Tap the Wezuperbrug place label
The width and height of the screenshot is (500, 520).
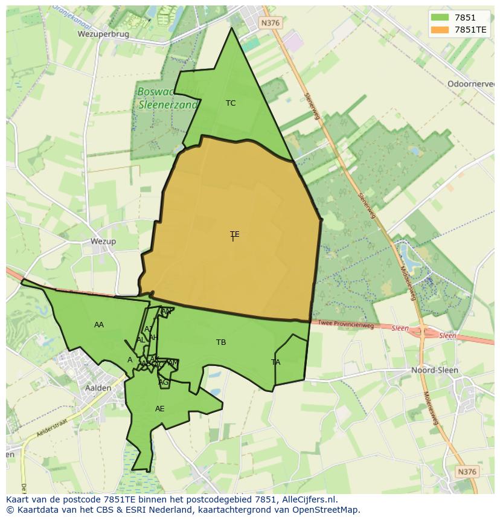coord(103,34)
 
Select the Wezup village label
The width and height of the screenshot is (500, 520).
coord(103,242)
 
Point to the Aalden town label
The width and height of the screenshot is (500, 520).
coord(98,388)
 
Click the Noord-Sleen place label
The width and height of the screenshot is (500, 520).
coord(434,370)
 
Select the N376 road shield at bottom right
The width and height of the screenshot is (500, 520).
coord(467,472)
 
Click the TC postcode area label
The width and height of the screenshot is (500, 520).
coord(231,103)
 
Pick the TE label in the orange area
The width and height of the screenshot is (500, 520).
coord(234,234)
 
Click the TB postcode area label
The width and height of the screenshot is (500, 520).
coord(221,342)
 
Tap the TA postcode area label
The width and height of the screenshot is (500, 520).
coord(276,362)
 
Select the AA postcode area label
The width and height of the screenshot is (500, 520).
coord(99,325)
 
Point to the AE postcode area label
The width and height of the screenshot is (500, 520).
coord(159,409)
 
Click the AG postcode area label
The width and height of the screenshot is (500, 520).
coord(163,382)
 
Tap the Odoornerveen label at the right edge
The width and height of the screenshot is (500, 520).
coord(471,84)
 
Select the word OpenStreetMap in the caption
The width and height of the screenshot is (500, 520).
coord(329,510)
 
